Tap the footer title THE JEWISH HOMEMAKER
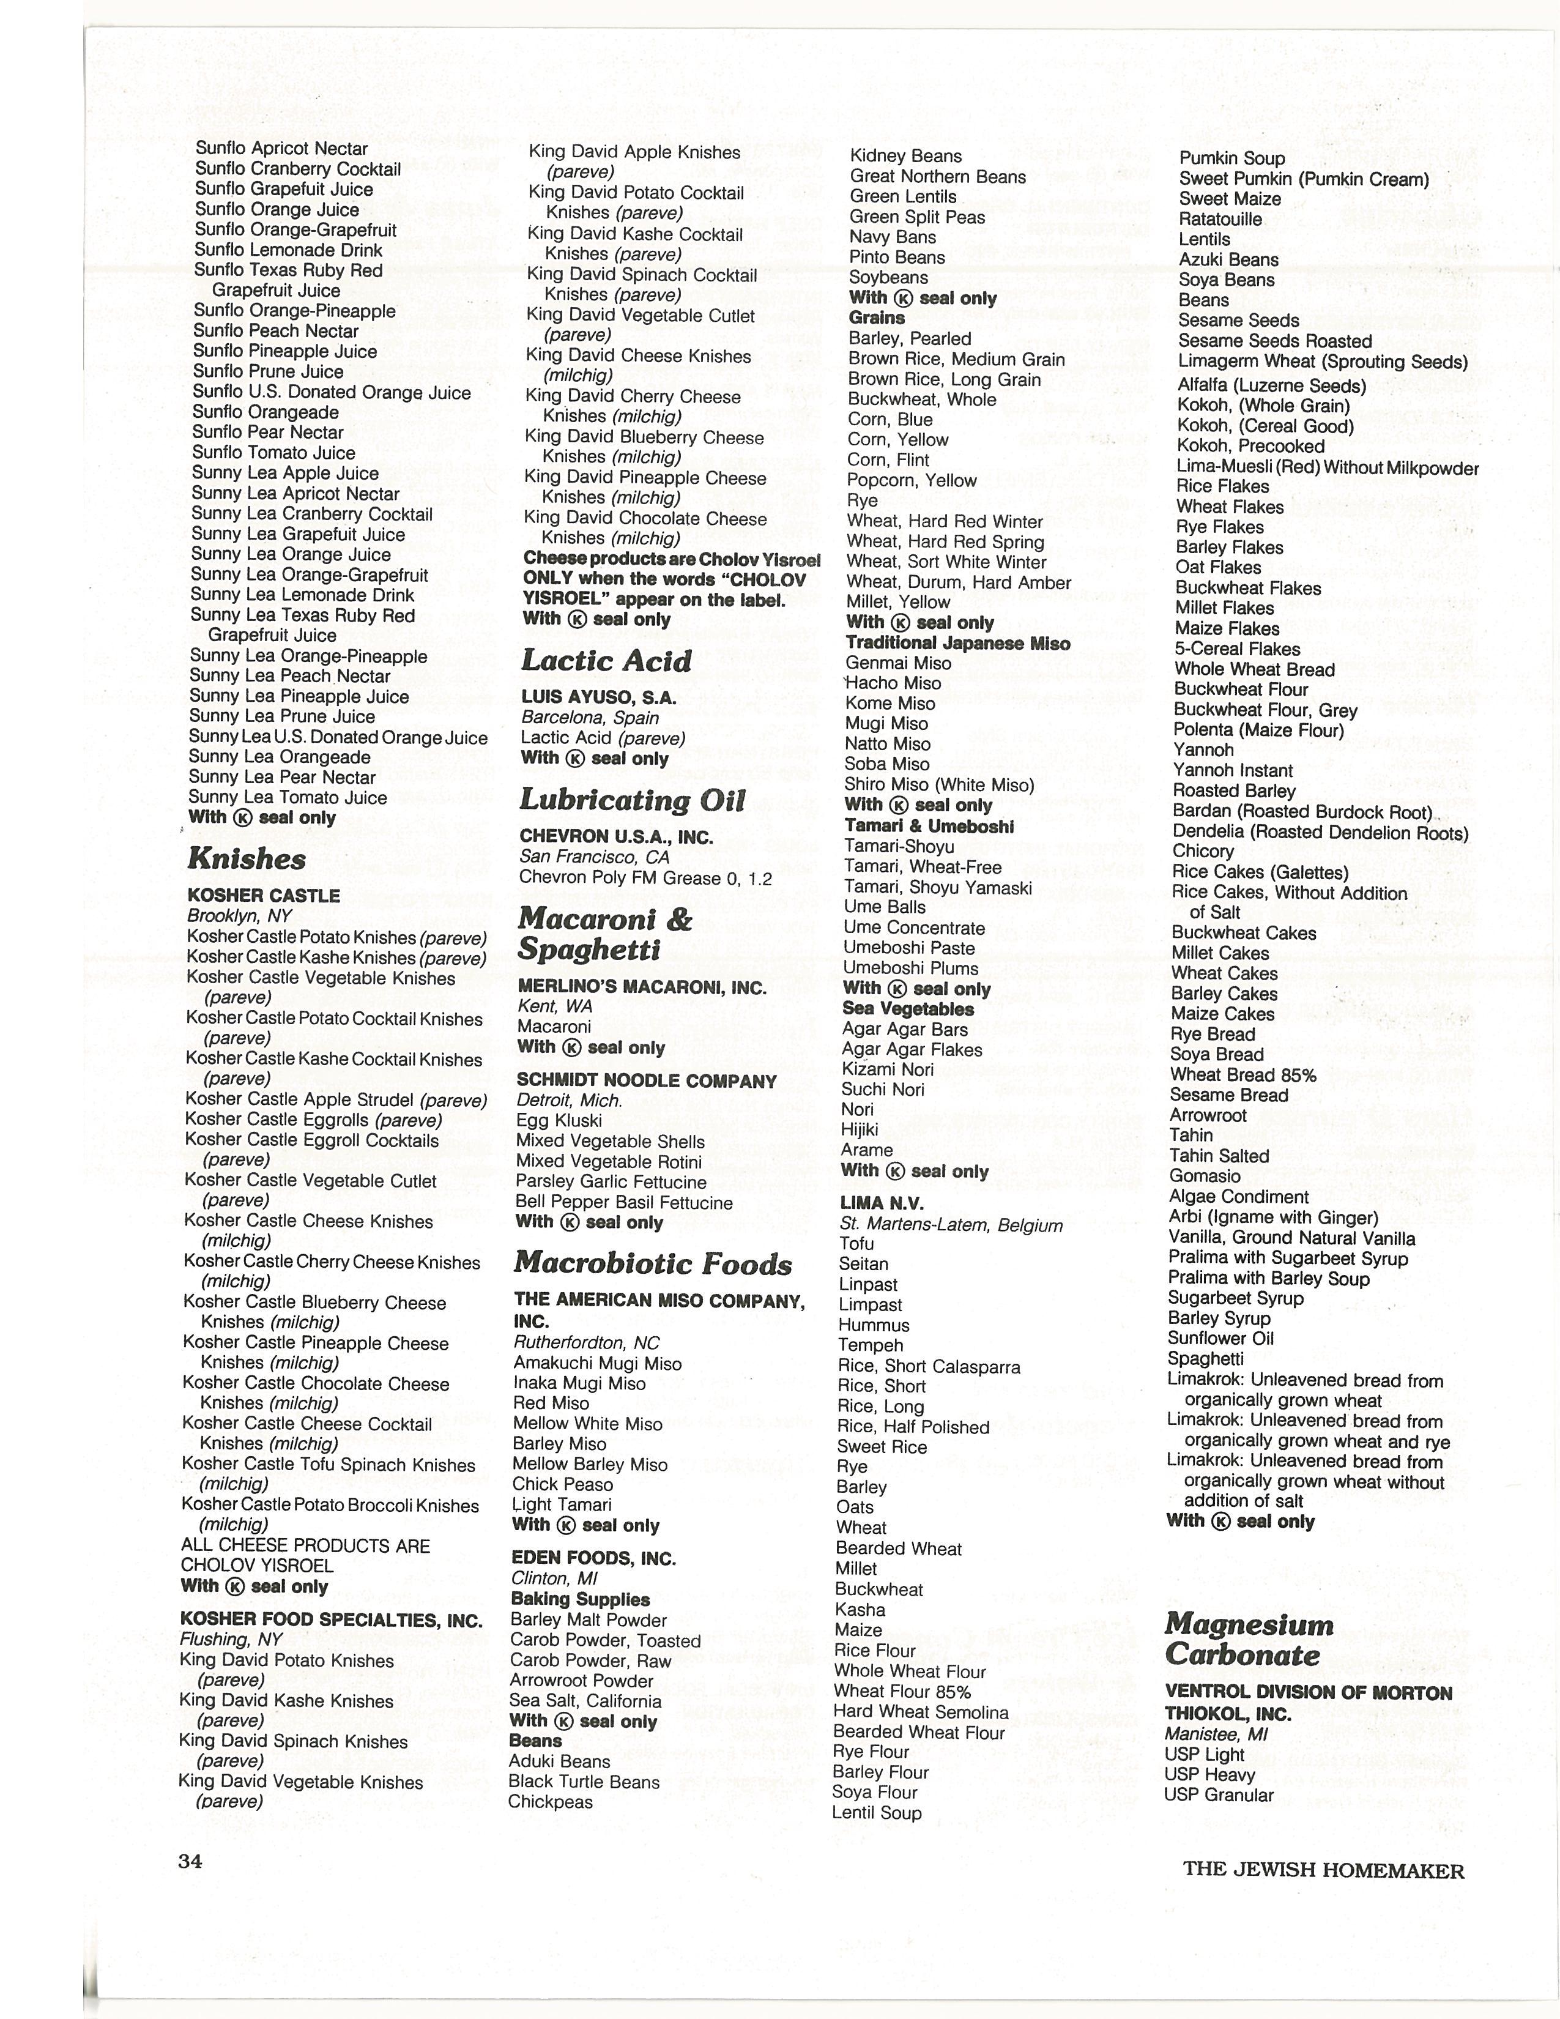coord(1323,1870)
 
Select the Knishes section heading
coord(246,859)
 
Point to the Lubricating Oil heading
coord(632,800)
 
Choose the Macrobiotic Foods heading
coord(653,1263)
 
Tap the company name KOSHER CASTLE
coord(264,896)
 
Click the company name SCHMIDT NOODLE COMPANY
coord(646,1080)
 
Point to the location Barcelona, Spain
coord(590,718)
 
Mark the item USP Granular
coord(1218,1795)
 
